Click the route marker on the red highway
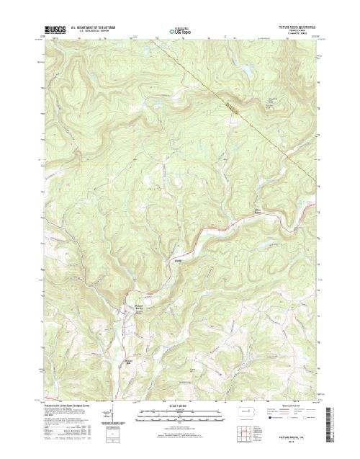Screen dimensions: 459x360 [178, 259]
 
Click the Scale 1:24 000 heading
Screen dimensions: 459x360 [179, 405]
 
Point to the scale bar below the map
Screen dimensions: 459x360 [179, 413]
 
